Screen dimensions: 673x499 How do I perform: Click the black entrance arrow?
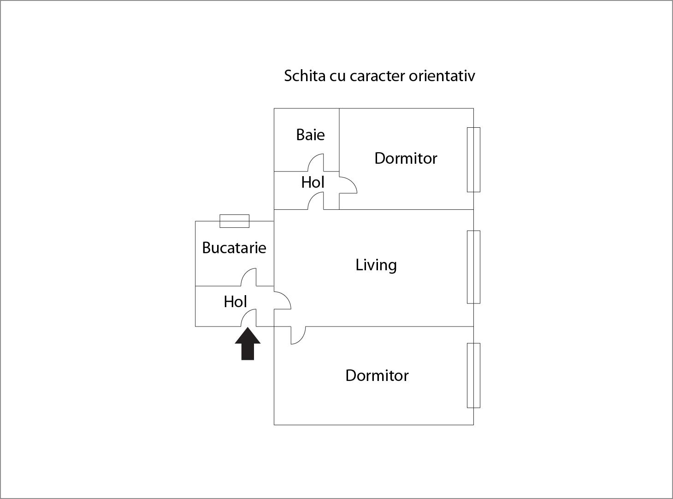(248, 344)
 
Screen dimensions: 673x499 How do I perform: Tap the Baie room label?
(310, 135)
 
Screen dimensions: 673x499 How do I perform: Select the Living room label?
(376, 265)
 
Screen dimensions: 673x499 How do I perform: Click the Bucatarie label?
(234, 248)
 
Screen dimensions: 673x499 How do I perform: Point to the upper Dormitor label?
(406, 158)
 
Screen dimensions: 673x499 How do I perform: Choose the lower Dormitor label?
(377, 376)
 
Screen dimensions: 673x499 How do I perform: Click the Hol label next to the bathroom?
(313, 182)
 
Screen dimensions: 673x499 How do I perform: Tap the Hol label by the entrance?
(235, 302)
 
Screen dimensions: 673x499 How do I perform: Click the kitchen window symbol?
(234, 221)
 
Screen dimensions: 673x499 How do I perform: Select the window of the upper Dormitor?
(473, 160)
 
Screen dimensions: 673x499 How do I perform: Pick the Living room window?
(473, 267)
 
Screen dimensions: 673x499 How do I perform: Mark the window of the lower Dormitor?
(473, 376)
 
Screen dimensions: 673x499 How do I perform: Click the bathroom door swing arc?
(316, 162)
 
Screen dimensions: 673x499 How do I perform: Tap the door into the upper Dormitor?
(348, 185)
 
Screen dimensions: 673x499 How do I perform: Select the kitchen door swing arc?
(248, 277)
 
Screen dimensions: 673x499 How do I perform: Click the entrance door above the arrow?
(248, 318)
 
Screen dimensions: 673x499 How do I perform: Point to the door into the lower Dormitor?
(298, 335)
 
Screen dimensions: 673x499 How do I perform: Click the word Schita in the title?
(305, 76)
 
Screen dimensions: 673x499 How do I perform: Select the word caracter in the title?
(377, 76)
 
